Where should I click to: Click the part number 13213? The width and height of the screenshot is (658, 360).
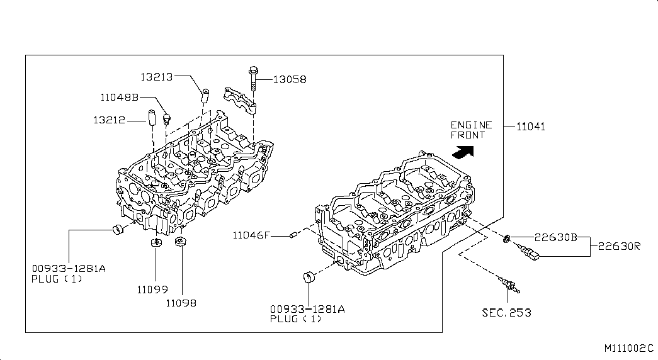pos(157,77)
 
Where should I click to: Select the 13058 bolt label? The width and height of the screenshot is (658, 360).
pos(290,79)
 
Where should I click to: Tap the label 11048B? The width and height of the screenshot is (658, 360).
pos(120,98)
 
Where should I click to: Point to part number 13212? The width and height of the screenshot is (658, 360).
pos(109,120)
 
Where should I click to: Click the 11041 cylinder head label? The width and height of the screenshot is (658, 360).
pos(530,127)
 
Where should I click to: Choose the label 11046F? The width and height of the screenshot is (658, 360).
pos(251,235)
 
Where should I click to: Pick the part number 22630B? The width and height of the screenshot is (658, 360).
pos(556,237)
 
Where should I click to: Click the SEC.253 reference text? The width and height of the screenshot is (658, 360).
pos(506,313)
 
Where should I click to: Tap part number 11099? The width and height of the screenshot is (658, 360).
pos(152,290)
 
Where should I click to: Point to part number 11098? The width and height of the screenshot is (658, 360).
pos(181,303)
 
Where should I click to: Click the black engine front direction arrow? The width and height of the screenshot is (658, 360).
pos(463,152)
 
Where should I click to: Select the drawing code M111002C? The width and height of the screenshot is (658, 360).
pos(629,348)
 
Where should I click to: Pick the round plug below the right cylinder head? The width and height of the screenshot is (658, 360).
pos(309,278)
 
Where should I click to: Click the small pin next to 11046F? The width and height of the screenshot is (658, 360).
pos(294,235)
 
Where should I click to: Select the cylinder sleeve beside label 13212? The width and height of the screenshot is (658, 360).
pos(151,117)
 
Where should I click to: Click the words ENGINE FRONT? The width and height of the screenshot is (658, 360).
pos(471,130)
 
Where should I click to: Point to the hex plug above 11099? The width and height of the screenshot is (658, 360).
pos(156,242)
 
